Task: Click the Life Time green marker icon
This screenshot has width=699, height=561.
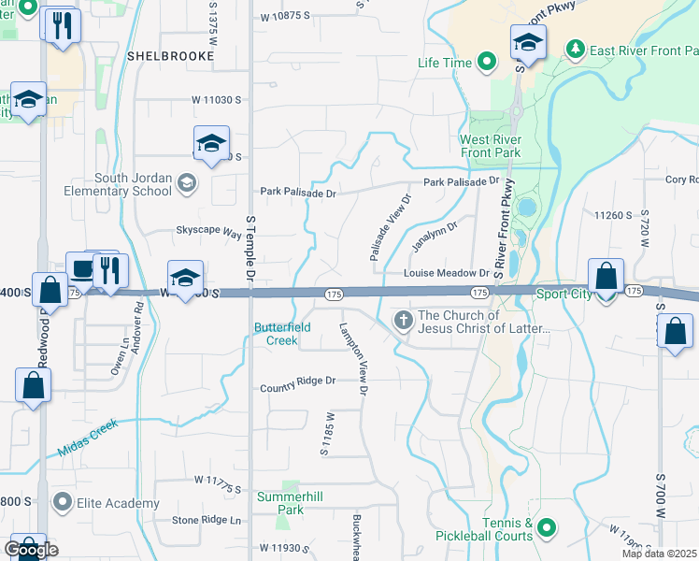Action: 486,63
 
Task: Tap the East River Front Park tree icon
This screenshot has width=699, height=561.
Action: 577,48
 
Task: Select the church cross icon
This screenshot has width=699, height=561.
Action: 404,322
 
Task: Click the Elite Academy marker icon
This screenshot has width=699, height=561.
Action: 63,503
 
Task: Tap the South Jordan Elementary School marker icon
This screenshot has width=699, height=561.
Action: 187,183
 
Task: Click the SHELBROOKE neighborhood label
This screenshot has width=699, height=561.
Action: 170,56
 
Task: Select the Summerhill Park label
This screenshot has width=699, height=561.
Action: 292,502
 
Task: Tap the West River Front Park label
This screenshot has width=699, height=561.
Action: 490,146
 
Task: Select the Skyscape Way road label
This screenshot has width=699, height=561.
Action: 209,230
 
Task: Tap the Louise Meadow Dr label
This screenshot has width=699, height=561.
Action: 446,273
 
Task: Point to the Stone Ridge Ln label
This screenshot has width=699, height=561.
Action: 207,520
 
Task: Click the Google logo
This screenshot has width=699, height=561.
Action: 31,550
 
